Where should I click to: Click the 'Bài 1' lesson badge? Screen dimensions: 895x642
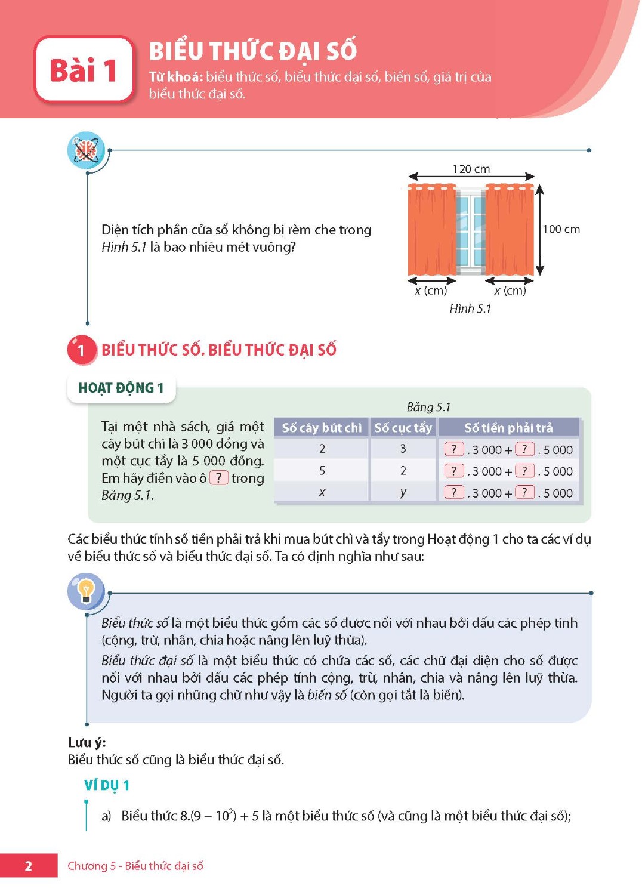(x=84, y=70)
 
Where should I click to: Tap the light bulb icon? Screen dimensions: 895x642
(x=86, y=591)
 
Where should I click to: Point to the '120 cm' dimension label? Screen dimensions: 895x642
(x=471, y=169)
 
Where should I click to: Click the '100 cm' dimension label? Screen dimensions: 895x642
(x=561, y=229)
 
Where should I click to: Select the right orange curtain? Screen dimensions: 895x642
(x=510, y=230)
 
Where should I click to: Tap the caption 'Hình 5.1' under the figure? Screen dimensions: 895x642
(x=470, y=308)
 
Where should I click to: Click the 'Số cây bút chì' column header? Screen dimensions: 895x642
(x=322, y=428)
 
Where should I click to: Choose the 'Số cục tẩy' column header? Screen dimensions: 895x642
(x=403, y=428)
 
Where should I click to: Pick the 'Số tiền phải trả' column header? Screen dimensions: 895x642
(x=508, y=428)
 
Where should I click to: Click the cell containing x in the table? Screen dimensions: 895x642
(x=322, y=492)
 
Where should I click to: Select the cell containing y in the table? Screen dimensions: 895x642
(x=403, y=492)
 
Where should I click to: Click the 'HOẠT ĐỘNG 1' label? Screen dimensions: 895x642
(x=121, y=388)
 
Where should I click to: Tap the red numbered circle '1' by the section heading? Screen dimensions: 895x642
(x=81, y=350)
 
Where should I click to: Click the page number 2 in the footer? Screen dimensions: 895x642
(x=28, y=866)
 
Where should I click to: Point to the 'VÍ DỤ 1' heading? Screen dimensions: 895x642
(x=107, y=785)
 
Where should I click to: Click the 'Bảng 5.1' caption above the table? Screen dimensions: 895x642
(x=428, y=407)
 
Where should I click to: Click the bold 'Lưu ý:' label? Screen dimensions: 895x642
(x=87, y=742)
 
